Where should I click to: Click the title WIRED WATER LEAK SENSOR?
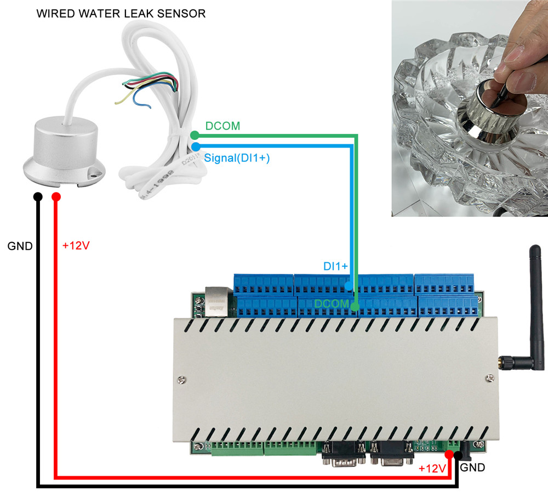(121, 13)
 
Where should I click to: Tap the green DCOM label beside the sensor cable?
(222, 126)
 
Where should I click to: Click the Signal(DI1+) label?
(237, 158)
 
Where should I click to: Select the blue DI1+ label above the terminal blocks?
(335, 266)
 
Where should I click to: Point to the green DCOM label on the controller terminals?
(332, 303)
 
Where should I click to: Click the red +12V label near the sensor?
(76, 245)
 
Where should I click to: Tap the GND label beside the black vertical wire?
(20, 246)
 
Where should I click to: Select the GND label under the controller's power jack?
(472, 468)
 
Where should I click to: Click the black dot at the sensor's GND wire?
(37, 197)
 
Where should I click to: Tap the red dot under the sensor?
(56, 197)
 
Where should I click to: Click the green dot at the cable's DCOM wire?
(194, 135)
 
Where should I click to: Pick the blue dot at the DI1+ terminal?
(350, 285)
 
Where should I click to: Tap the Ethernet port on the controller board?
(215, 303)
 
